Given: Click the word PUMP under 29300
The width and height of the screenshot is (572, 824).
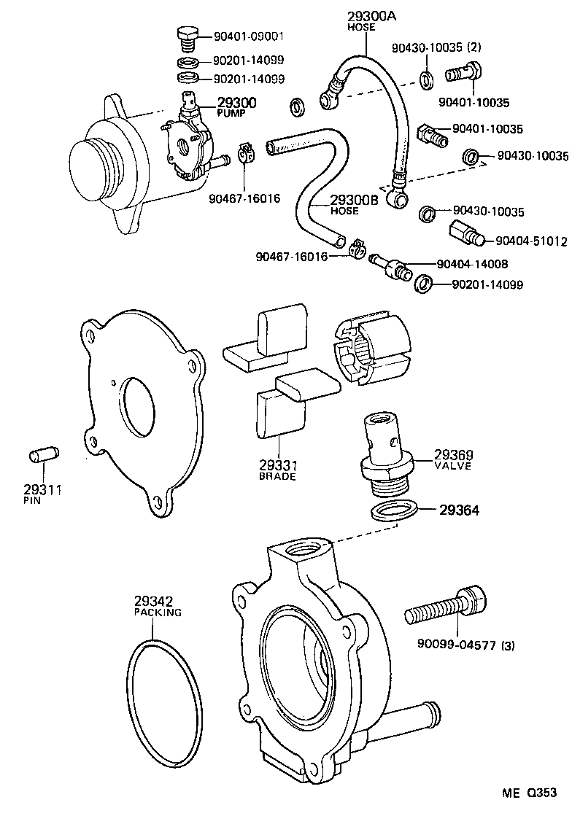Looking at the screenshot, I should point(231,114).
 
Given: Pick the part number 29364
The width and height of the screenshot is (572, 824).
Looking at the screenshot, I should point(459,510).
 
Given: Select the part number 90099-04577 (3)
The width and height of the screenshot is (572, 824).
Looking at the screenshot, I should point(466,644).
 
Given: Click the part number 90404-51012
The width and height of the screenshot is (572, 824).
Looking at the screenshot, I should point(530,241).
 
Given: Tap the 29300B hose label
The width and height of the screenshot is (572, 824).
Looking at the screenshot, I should point(354,201).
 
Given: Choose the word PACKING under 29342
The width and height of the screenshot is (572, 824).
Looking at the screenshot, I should point(157,613).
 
